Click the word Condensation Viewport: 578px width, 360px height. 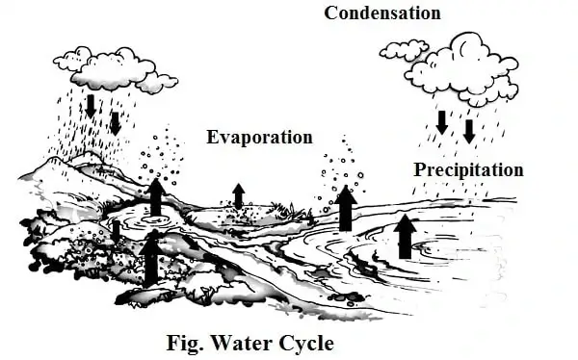(x=382, y=13)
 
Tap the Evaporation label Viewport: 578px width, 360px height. (x=260, y=137)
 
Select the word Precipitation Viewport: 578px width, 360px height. (x=469, y=170)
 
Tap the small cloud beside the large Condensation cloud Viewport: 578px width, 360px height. (x=405, y=49)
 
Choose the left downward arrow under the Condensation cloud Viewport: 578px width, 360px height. (x=442, y=122)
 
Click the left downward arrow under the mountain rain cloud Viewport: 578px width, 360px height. (x=91, y=106)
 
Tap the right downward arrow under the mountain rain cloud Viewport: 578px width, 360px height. (x=116, y=123)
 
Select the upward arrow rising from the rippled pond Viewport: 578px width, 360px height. (x=155, y=196)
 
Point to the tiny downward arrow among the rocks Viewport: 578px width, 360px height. (x=116, y=232)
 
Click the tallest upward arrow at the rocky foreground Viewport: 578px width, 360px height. (x=151, y=259)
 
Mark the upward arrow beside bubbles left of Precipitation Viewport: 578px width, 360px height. (x=346, y=208)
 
